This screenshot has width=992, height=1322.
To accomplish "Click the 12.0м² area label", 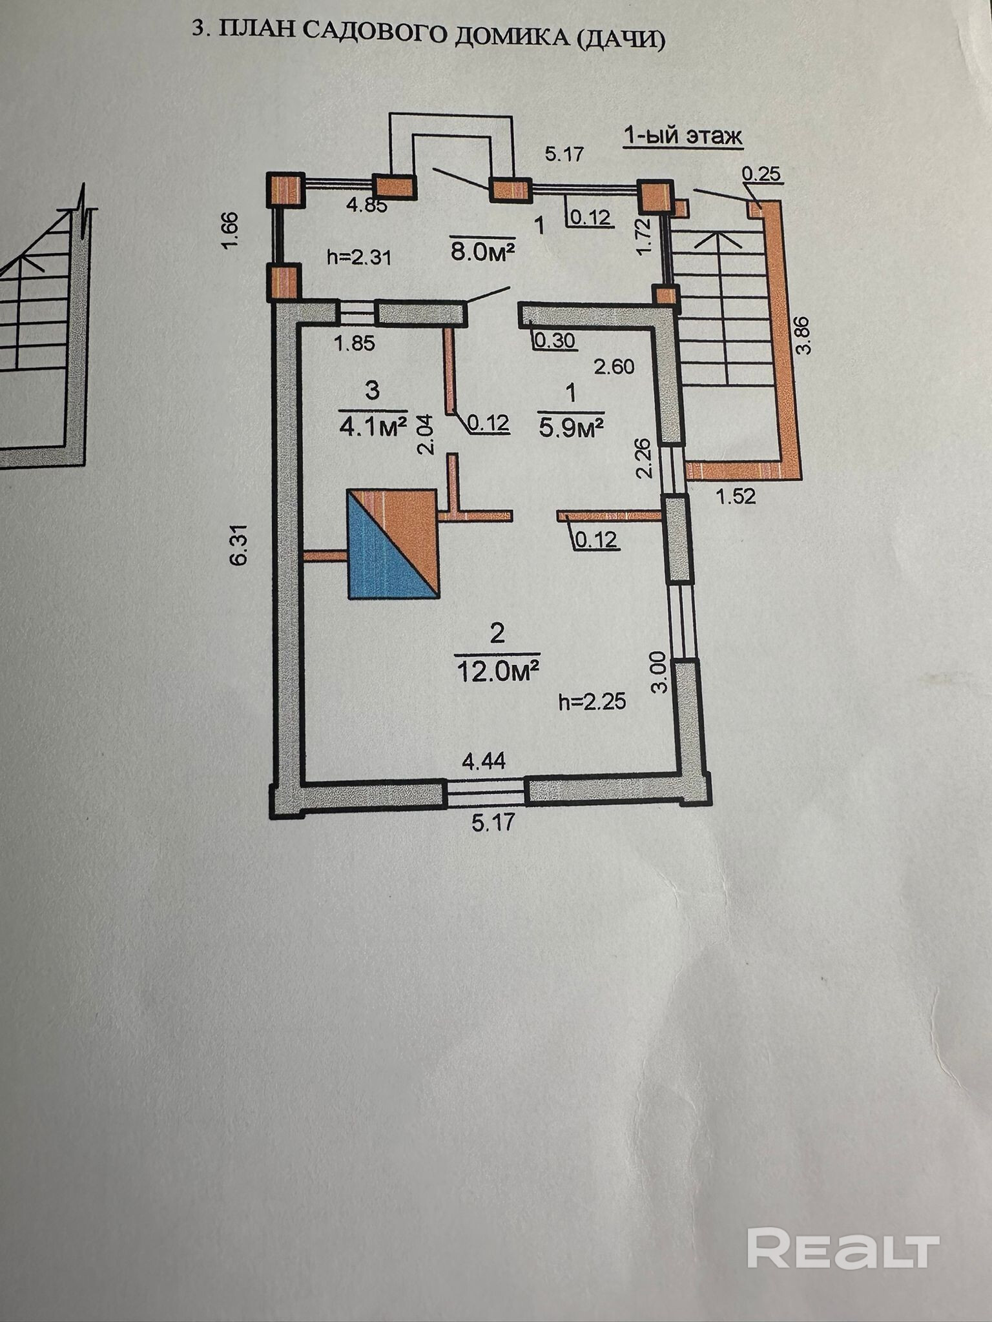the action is point(497,671).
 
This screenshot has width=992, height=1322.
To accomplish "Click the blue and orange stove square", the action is point(393,544).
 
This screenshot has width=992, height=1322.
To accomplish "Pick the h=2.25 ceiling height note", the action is point(592,702).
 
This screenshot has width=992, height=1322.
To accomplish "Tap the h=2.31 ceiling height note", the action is point(359,257).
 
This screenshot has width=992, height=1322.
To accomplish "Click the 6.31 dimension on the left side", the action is point(239,549).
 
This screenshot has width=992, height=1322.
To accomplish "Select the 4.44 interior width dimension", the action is point(484,762).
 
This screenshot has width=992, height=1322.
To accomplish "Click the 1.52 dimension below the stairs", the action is point(736,496).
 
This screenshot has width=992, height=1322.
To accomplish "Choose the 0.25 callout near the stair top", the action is point(761,173).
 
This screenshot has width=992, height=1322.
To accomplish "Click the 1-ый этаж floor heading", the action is point(683,137).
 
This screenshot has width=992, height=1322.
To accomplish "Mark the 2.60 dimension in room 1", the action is point(614,367).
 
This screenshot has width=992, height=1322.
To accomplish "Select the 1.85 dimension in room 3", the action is point(355,343).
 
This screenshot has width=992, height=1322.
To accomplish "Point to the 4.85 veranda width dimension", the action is point(366,206).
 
